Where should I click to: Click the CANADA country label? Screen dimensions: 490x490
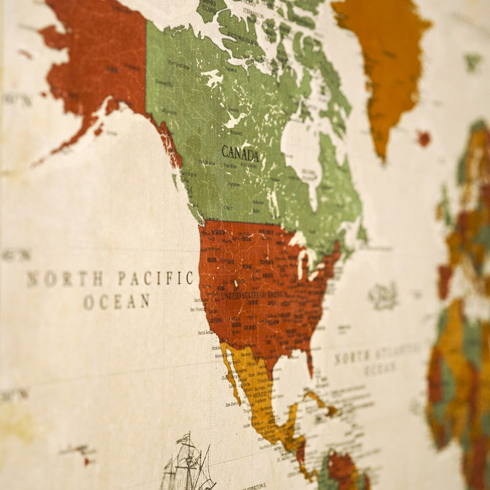point(240,154)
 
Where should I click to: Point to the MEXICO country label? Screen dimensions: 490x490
point(259,395)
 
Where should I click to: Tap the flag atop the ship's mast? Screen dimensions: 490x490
point(184,438)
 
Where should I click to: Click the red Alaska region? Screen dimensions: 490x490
point(100,59)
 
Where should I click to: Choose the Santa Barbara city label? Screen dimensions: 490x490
point(206,333)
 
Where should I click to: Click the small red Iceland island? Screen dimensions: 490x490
point(424,138)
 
